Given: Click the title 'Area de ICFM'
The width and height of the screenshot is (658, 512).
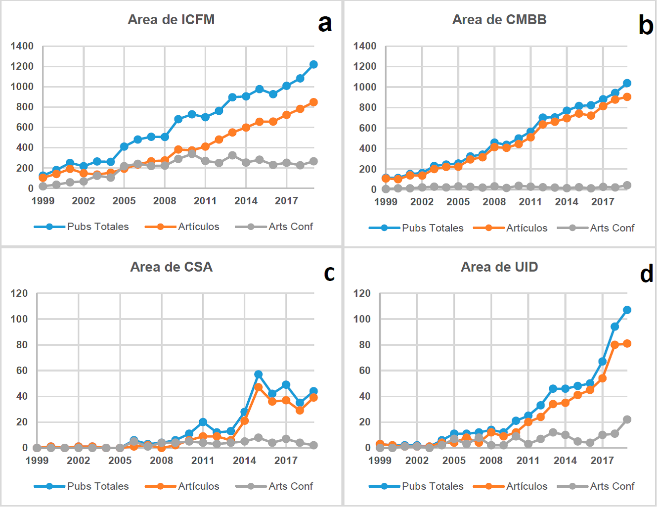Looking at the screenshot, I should coord(171,20).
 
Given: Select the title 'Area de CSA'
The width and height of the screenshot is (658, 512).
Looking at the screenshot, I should coord(171,267).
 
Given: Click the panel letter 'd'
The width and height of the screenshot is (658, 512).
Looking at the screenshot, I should coord(646,274).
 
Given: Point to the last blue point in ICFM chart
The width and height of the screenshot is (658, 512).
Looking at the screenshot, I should coord(313,65).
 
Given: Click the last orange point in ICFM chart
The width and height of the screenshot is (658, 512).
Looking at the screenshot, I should coord(313,102).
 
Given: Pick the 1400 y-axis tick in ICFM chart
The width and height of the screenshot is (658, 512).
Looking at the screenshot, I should coord(22,46).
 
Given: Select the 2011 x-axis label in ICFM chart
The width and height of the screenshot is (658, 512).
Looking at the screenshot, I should coord(205,201).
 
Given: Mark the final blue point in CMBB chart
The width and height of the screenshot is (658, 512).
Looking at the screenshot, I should coord(627,83).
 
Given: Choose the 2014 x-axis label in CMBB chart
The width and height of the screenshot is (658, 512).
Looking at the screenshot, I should coord(567,202).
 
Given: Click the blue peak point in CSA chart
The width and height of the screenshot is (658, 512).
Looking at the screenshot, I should coord(258,374).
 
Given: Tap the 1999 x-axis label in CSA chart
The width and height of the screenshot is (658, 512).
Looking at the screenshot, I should coord(37,461).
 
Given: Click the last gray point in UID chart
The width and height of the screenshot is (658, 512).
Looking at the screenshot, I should coord(627,419).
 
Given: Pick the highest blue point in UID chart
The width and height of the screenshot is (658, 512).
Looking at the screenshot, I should coord(627,310).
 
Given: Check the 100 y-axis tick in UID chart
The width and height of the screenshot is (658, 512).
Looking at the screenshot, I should coord(362,319).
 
